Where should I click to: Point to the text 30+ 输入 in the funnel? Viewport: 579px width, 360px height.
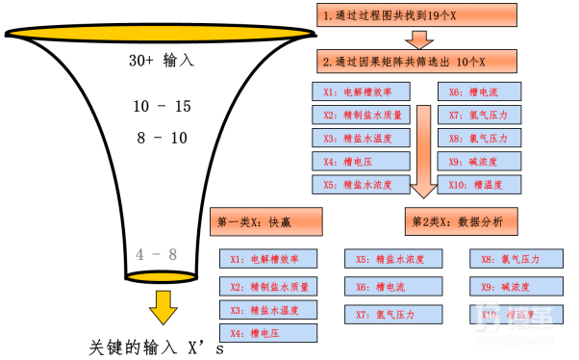pyautogui.click(x=163, y=60)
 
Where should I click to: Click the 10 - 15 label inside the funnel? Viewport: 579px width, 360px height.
pyautogui.click(x=163, y=106)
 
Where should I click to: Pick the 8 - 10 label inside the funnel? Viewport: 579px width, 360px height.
pyautogui.click(x=163, y=138)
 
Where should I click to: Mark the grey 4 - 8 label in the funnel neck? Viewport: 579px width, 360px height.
pyautogui.click(x=157, y=254)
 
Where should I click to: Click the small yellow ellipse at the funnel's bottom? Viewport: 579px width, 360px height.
pyautogui.click(x=163, y=278)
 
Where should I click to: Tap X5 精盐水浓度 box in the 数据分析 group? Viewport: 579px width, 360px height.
pyautogui.click(x=393, y=259)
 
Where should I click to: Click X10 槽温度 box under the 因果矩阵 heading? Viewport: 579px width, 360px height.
pyautogui.click(x=482, y=184)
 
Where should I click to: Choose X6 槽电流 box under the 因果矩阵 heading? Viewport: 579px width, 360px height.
pyautogui.click(x=482, y=92)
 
